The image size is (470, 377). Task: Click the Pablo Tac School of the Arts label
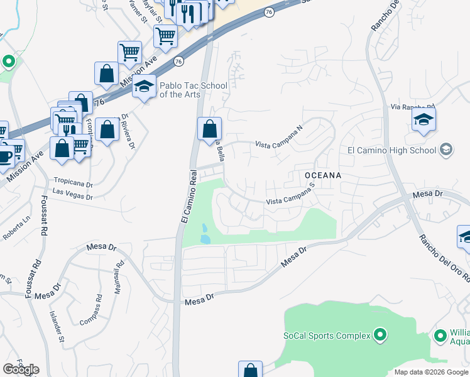click(180, 90)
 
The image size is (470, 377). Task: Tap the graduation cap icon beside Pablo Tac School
click(145, 87)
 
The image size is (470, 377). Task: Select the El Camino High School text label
click(391, 150)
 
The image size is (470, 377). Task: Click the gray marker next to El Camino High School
click(446, 149)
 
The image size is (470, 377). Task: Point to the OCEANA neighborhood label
click(322, 175)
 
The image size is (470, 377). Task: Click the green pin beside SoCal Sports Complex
click(380, 335)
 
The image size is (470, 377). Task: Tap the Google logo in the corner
click(21, 369)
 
